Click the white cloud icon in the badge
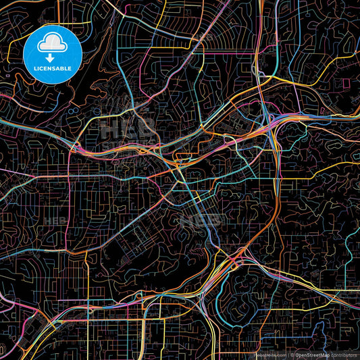(52, 45)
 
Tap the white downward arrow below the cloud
(51, 59)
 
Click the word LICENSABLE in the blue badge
(52, 68)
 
